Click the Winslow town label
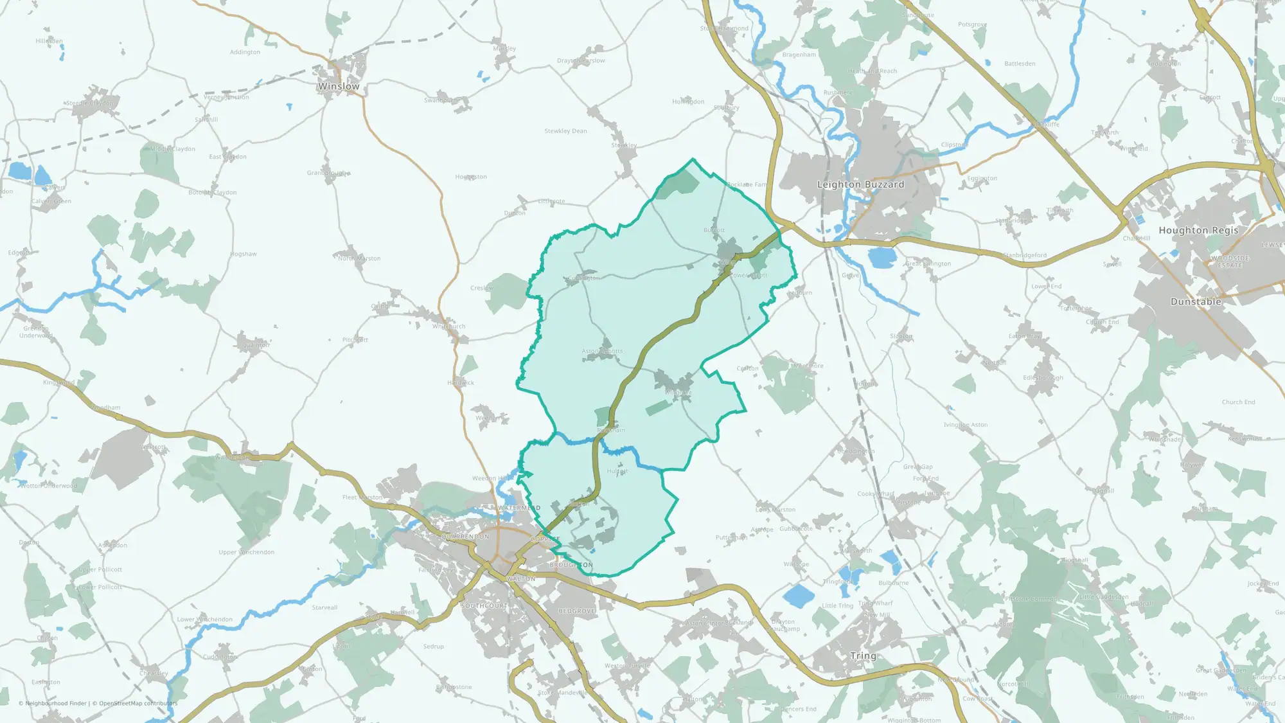point(339,86)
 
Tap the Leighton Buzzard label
point(860,184)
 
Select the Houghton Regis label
point(1198,230)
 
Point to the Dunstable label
point(1196,301)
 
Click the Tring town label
point(863,656)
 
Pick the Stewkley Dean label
point(565,131)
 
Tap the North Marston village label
point(360,258)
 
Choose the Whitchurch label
point(448,326)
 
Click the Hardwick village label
point(461,383)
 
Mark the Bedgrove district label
point(576,611)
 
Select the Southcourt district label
point(484,606)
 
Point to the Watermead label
point(519,508)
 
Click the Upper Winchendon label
point(246,552)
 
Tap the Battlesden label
point(1020,64)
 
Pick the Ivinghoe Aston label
point(966,425)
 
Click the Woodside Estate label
point(1230,262)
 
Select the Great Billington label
point(928,263)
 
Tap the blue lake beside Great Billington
point(882,257)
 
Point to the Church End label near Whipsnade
point(1238,402)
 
